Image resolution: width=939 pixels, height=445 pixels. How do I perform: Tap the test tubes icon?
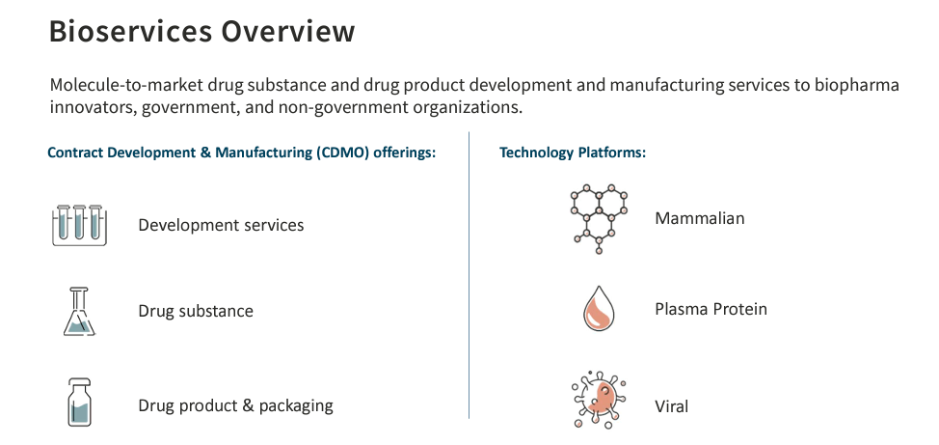click(79, 224)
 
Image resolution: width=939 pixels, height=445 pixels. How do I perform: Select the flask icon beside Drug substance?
click(79, 311)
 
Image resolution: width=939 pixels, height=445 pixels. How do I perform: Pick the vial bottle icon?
click(79, 403)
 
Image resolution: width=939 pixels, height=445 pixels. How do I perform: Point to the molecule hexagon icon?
click(599, 218)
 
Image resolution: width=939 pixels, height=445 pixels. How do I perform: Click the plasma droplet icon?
click(600, 309)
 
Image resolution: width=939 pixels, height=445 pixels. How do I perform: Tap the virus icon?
click(600, 401)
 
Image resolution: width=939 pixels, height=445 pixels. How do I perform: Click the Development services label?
click(221, 226)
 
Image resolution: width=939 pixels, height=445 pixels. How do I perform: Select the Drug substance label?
click(196, 312)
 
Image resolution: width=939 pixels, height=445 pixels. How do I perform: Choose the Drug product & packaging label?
click(235, 405)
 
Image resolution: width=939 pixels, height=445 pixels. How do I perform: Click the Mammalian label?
click(700, 218)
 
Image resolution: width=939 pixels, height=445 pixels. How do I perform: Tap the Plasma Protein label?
click(711, 310)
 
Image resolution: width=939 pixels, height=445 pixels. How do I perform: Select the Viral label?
click(671, 406)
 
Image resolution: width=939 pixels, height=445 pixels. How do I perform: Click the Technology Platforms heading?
click(573, 153)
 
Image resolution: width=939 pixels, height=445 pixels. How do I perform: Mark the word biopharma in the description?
click(856, 85)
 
